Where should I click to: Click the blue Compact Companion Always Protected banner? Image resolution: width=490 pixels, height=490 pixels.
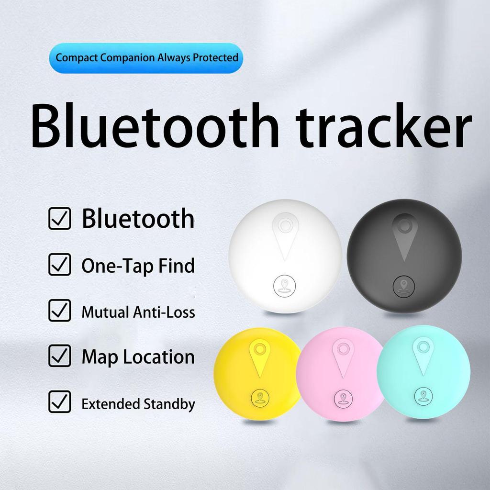[x=146, y=58]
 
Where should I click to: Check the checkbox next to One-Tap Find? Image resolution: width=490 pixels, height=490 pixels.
[x=60, y=265]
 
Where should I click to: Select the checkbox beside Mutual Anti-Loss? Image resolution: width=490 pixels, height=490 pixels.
[x=60, y=311]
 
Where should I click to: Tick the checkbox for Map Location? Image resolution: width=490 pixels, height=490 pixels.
[x=60, y=356]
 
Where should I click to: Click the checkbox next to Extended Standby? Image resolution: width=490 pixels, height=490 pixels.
[x=60, y=402]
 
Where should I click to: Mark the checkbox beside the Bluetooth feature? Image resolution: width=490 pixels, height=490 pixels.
[x=60, y=219]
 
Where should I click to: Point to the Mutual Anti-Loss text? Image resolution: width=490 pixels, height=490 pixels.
[x=138, y=312]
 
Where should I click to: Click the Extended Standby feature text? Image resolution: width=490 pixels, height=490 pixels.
[x=138, y=404]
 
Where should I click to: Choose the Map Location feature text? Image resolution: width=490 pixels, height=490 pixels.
[x=138, y=357]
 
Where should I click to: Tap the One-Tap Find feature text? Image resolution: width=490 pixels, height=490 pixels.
[x=138, y=266]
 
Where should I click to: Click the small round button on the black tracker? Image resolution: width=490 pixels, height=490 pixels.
[x=404, y=286]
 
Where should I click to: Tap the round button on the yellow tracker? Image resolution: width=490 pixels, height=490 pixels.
[x=260, y=397]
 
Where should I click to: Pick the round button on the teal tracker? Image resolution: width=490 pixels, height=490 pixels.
[x=423, y=396]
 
